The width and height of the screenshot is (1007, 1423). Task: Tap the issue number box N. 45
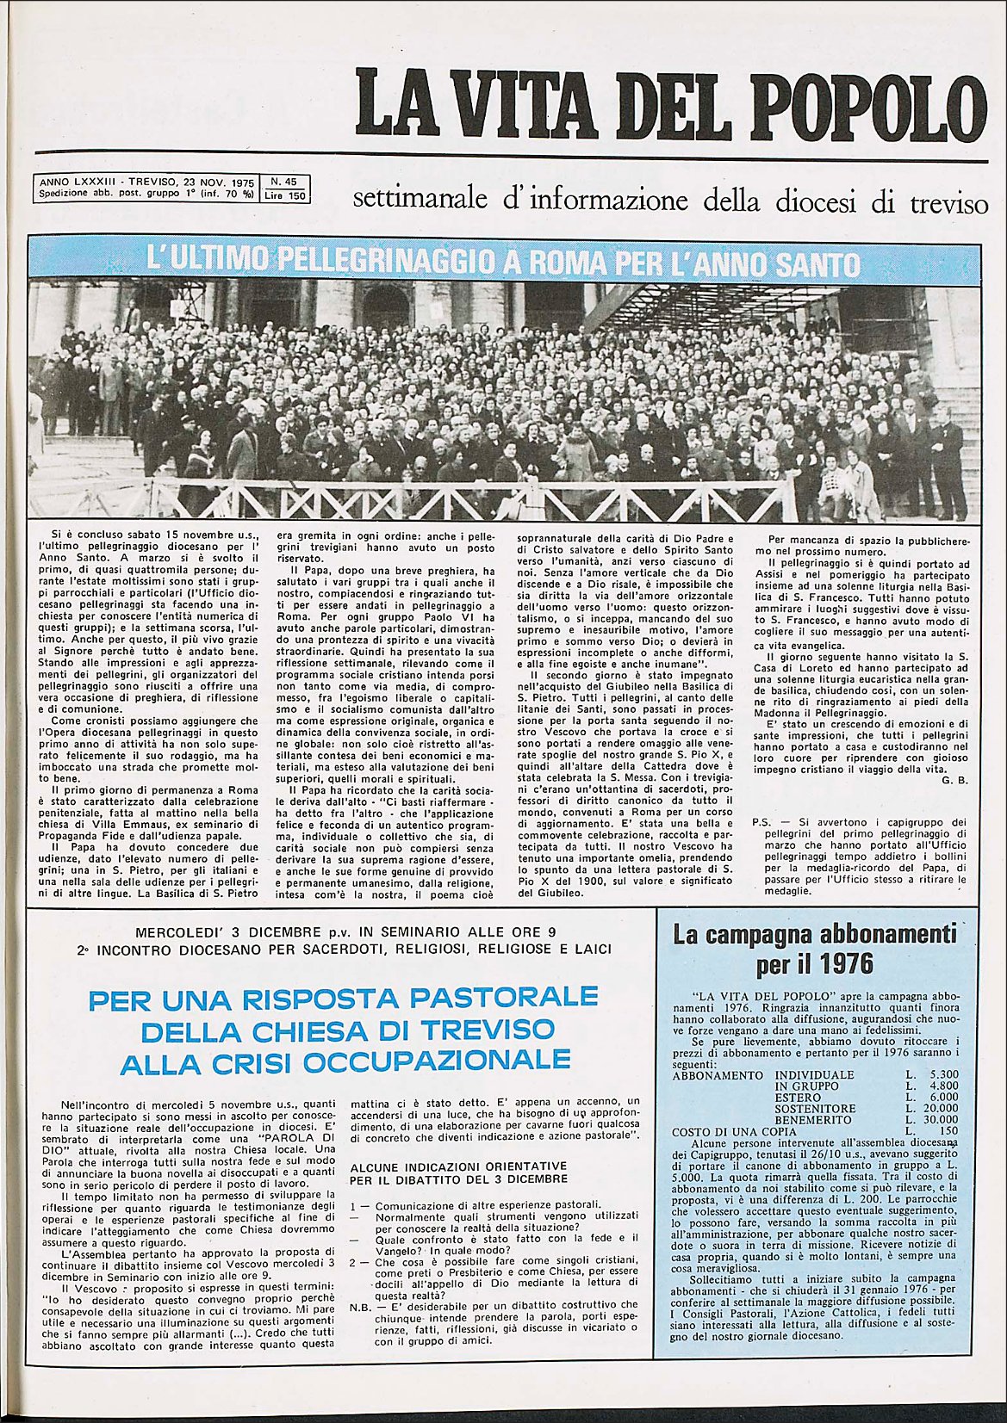[283, 182]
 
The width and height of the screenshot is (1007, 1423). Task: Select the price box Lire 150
[285, 195]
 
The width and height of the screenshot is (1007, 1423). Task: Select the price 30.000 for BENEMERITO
[940, 1120]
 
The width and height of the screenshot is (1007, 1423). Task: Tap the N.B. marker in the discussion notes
[361, 1305]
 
